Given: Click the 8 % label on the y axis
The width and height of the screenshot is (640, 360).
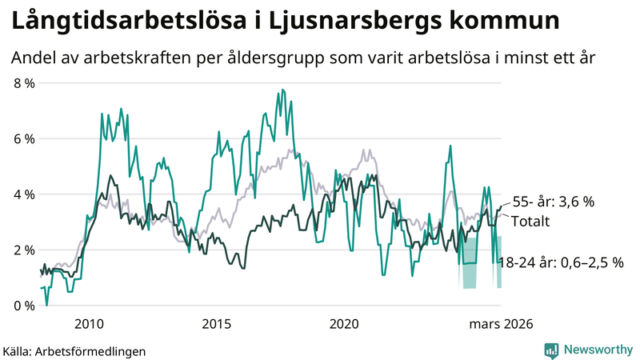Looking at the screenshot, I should (x=23, y=83).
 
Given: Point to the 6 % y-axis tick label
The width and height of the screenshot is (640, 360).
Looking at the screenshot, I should (x=23, y=138).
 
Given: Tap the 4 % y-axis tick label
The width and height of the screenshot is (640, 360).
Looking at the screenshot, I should (x=23, y=194).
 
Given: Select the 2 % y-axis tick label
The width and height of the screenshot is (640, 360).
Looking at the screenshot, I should (x=23, y=250).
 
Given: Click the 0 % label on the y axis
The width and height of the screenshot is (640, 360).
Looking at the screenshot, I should (x=23, y=306).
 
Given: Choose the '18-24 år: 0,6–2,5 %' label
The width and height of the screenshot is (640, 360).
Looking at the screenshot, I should (x=560, y=262).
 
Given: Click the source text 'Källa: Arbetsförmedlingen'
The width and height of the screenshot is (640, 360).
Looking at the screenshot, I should (x=74, y=350).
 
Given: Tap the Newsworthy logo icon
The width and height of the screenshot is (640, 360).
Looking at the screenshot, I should (x=551, y=350).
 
